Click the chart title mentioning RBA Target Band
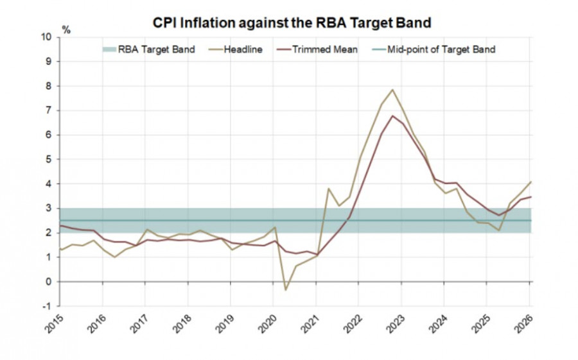[x=292, y=22]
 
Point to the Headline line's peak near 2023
[x=392, y=90]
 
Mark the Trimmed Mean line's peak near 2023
[x=392, y=116]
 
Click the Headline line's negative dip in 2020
[x=286, y=290]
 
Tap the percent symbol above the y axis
[x=66, y=30]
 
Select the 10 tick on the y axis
[x=46, y=37]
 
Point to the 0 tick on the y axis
[x=49, y=282]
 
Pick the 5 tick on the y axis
[x=49, y=159]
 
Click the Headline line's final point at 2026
[x=530, y=182]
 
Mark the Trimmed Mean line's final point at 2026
[x=530, y=197]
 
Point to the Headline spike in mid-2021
[x=328, y=189]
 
